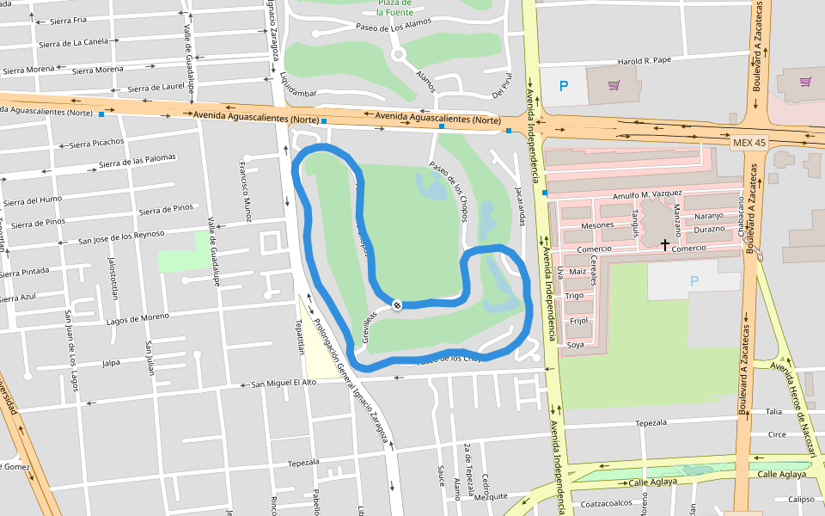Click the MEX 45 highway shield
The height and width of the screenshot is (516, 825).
(x=749, y=142)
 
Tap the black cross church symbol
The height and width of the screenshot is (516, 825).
(x=665, y=245)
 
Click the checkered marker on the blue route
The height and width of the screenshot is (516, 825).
(x=397, y=304)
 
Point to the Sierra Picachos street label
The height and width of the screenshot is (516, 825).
(x=96, y=142)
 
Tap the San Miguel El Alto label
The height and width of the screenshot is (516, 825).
(x=284, y=383)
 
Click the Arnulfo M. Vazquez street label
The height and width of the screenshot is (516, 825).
(x=647, y=195)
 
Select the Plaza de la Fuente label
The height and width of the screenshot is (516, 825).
(x=395, y=8)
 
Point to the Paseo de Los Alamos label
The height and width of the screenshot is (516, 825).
(x=393, y=27)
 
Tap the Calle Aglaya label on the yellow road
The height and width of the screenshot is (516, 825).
(x=782, y=474)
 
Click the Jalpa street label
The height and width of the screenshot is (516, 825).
(x=111, y=363)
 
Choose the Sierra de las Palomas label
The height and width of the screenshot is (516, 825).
(x=137, y=161)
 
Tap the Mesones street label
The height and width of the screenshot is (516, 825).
(x=597, y=225)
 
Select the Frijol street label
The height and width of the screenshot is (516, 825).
(x=578, y=321)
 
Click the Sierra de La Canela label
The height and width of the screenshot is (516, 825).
(x=73, y=41)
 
